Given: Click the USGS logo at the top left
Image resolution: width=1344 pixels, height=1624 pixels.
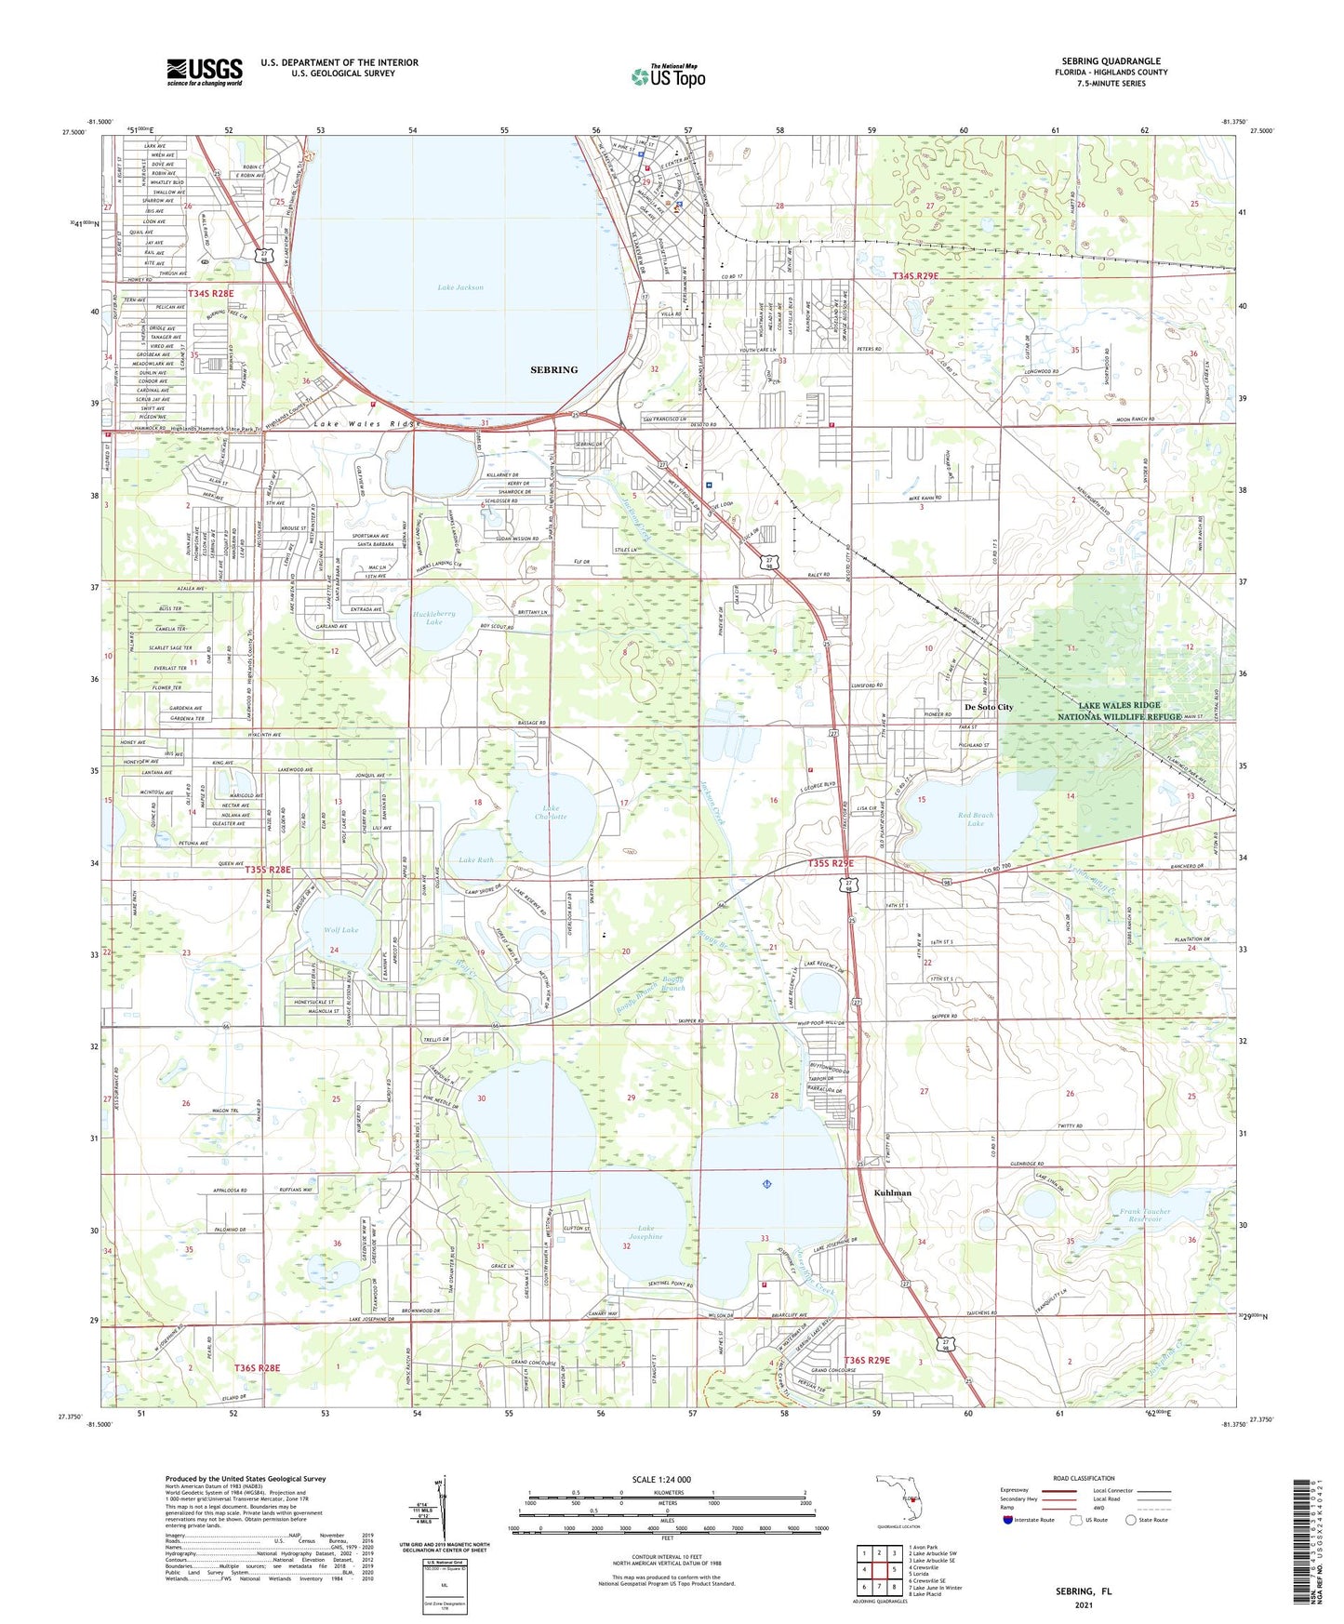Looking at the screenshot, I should (x=205, y=72).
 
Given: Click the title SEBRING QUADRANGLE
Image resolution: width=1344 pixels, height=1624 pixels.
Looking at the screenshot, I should (x=1111, y=61).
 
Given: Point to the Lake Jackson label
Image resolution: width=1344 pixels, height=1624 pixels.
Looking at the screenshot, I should (x=460, y=287).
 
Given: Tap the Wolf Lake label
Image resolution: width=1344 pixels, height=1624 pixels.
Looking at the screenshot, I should (x=341, y=929).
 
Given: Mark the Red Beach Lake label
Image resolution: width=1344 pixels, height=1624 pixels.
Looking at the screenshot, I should (x=975, y=819).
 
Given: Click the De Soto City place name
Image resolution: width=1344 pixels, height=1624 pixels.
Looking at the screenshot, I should (x=989, y=707).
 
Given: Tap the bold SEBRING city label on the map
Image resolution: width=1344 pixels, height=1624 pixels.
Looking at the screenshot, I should (x=553, y=370).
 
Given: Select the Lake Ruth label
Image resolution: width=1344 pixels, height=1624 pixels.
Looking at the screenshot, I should (x=475, y=860).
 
